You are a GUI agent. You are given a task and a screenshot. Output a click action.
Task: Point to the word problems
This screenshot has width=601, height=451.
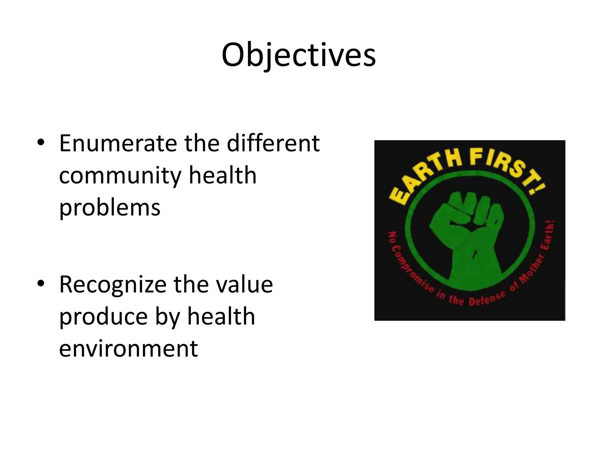[110, 208]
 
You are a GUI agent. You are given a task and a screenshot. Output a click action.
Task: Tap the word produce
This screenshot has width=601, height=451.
[103, 317]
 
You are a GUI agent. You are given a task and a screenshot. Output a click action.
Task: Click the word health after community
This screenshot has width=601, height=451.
[222, 176]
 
